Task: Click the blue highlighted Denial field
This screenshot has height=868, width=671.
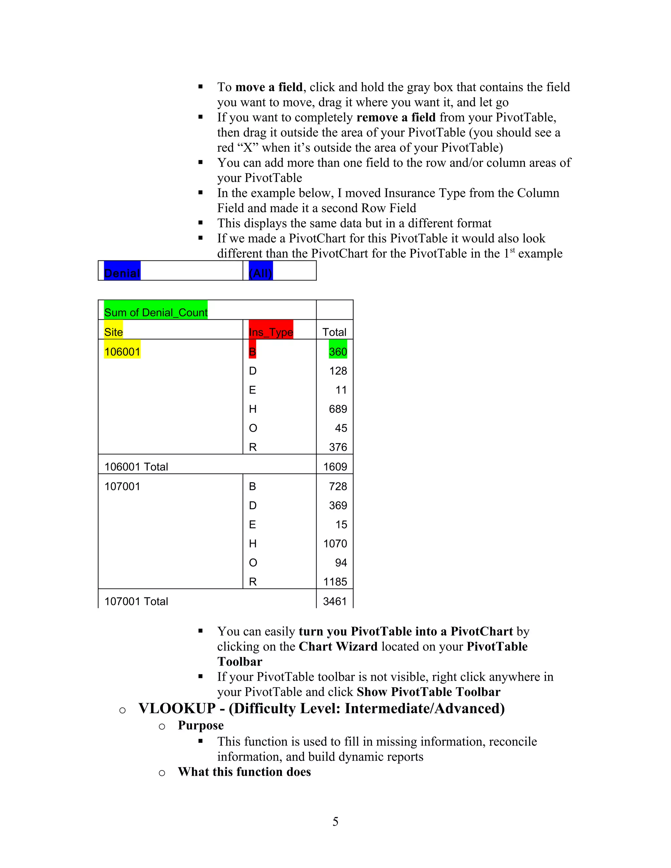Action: point(122,272)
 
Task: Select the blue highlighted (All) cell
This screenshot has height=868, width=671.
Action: point(261,272)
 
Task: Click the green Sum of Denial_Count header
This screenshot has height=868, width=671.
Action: point(155,312)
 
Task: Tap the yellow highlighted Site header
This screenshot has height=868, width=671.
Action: point(113,331)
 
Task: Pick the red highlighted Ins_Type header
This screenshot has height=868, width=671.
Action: point(271,331)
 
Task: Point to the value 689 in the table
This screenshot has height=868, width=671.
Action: point(338,408)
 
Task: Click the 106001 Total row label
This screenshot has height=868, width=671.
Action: point(136,466)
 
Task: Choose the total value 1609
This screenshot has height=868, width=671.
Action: point(335,466)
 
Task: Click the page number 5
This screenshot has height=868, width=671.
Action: point(335,821)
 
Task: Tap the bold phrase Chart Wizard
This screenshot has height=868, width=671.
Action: point(338,647)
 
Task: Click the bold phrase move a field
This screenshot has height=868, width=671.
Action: point(269,87)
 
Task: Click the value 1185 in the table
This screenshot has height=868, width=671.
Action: point(335,581)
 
